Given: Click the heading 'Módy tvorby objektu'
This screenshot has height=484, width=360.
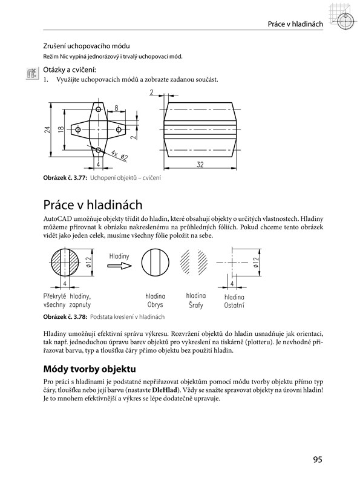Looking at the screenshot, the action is coord(90,369).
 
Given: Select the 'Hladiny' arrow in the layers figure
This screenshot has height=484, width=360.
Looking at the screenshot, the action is coord(119,266).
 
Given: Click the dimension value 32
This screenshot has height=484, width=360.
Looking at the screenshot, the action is coord(200,165).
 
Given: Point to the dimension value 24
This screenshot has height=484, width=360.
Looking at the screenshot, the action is coord(47,129).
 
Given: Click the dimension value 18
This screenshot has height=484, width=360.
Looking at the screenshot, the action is coord(61,129).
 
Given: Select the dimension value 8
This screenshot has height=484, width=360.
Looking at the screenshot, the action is coord(116,108).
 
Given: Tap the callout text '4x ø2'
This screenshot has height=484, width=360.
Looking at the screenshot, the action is coord(120,155).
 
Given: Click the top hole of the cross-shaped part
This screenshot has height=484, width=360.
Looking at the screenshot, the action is coord(99,110).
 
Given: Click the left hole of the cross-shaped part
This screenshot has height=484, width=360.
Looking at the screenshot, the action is coord(78,129).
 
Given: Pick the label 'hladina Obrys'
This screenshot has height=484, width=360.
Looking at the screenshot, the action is coord(155,301).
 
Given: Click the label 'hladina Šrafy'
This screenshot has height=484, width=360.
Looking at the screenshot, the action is coord(196,300).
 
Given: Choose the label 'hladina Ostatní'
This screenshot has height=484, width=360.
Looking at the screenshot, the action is coord(234,301).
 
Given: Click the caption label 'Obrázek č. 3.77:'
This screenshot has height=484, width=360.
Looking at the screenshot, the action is coord(65,178).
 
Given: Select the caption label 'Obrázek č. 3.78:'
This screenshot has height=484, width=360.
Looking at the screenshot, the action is coord(65,316).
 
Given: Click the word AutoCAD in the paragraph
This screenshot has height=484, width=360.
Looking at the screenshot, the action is coord(57,219).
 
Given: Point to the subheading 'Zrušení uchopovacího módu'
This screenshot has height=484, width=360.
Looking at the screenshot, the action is coord(87,47).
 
